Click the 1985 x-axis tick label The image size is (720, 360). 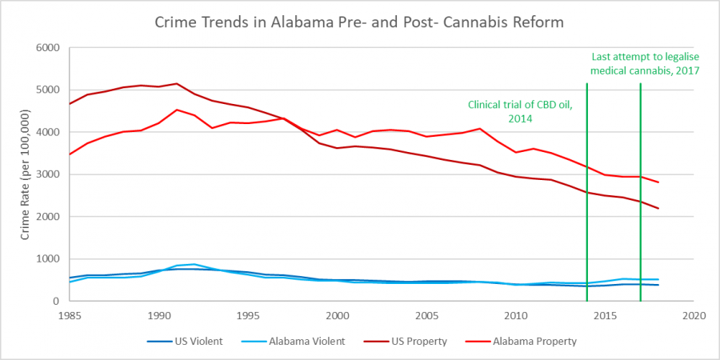pyautogui.click(x=70, y=315)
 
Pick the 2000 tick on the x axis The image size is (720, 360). pyautogui.click(x=337, y=315)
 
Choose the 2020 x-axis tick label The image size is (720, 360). pyautogui.click(x=693, y=315)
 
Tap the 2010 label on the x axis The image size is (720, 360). pyautogui.click(x=515, y=315)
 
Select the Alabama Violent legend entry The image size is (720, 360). pyautogui.click(x=304, y=342)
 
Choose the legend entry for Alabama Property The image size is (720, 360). pyautogui.click(x=533, y=342)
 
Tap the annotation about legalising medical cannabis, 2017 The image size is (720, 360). pyautogui.click(x=645, y=64)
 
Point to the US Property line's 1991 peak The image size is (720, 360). pyautogui.click(x=177, y=83)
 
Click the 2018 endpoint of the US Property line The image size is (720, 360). pyautogui.click(x=658, y=209)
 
